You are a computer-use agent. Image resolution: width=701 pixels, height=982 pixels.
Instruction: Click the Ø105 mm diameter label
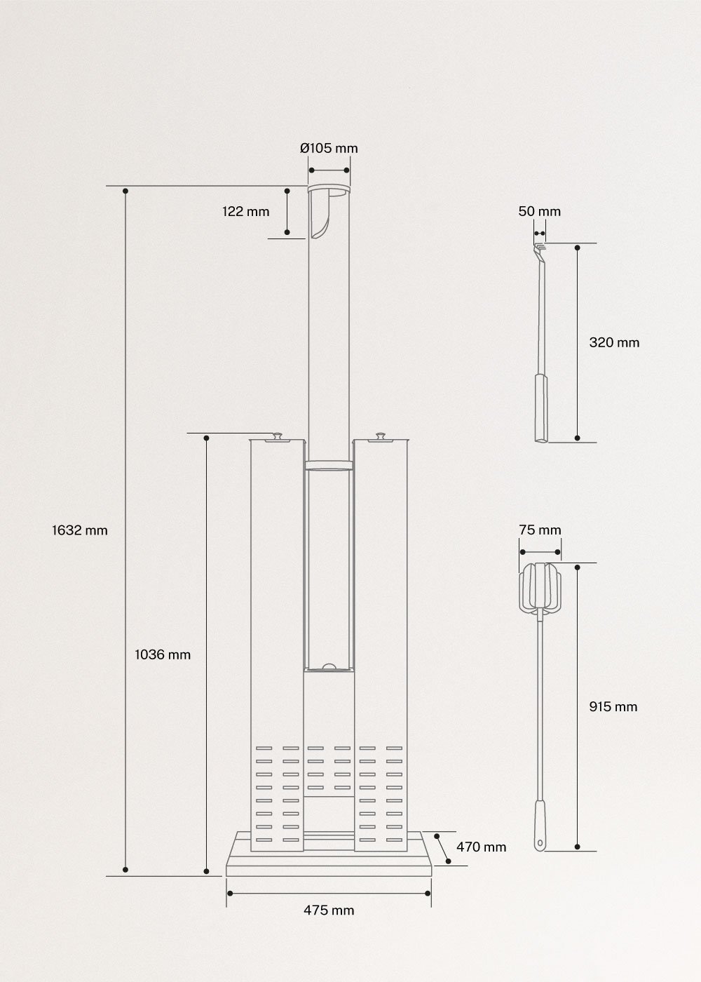[x=329, y=148]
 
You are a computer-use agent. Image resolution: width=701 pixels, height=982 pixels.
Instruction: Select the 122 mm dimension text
[x=246, y=211]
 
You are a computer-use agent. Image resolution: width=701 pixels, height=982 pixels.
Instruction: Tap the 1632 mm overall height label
[x=80, y=530]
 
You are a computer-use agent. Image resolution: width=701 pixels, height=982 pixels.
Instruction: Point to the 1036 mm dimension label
[x=163, y=654]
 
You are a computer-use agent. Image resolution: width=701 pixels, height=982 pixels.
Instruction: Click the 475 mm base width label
[x=329, y=910]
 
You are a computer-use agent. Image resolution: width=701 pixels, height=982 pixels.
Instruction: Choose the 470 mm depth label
[x=481, y=847]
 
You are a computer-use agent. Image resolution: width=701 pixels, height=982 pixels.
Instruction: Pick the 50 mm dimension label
[x=540, y=211]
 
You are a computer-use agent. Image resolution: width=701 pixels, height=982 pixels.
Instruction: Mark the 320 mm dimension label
[x=614, y=342]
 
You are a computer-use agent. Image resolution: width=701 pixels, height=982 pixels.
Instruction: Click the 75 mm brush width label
[x=540, y=530]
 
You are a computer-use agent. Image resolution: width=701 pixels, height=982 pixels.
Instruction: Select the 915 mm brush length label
[x=613, y=706]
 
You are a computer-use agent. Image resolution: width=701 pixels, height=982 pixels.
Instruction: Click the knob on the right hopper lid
[x=381, y=436]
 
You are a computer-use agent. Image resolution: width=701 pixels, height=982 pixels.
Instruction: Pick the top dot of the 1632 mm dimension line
[x=125, y=191]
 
